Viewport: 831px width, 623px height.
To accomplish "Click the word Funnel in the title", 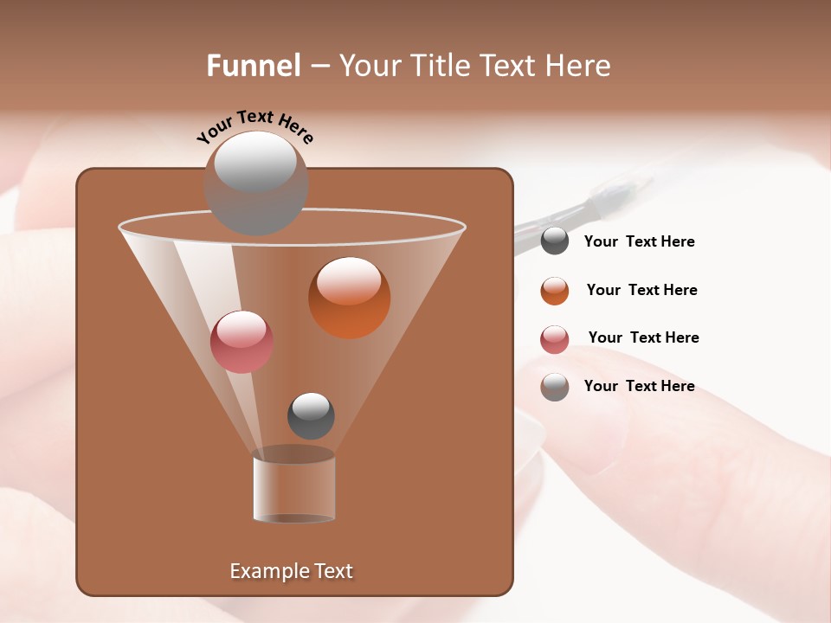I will tap(254, 65).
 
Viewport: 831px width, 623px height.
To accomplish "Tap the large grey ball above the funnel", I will tap(255, 183).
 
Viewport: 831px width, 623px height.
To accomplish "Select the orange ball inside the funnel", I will tap(349, 298).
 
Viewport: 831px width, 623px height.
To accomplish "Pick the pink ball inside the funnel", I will tap(242, 342).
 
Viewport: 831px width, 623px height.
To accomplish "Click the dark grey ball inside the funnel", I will tap(311, 415).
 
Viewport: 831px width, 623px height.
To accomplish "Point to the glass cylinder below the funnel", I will tap(294, 488).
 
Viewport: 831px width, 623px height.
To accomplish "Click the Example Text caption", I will tap(291, 571).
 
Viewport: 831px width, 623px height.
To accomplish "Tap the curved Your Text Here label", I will tap(255, 125).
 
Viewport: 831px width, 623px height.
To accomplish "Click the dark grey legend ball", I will tap(555, 241).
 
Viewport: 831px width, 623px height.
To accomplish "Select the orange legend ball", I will tap(555, 291).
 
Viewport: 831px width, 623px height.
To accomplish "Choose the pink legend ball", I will tap(555, 339).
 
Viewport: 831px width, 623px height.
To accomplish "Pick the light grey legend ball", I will tap(555, 387).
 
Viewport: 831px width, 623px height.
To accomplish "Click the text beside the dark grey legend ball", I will tap(639, 241).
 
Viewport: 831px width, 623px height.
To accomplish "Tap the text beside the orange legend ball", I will tap(641, 290).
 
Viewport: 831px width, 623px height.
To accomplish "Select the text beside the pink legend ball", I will tap(643, 337).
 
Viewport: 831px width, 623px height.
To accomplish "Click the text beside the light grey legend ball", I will tap(639, 386).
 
